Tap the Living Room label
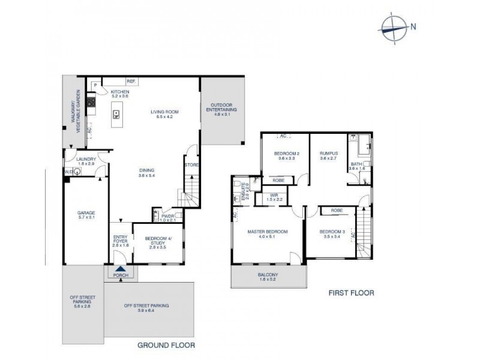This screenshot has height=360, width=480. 164,114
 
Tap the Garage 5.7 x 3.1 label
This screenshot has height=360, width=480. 86,214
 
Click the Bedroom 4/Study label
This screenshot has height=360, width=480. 158,242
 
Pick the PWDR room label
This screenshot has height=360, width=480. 167,218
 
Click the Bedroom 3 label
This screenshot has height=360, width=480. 332,234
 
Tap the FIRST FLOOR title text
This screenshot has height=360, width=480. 351,293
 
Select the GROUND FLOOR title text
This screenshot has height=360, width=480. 166,346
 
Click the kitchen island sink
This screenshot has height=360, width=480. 116,115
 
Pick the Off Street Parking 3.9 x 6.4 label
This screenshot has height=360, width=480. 146,308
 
